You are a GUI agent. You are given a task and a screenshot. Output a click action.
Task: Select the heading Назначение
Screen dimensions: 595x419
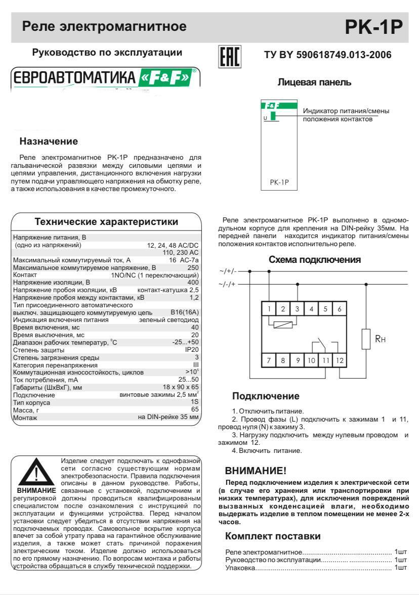(x=49, y=141)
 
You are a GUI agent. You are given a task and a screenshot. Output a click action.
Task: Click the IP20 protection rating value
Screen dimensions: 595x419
(x=192, y=350)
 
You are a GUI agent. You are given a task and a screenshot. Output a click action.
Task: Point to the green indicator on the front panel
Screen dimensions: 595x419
(x=273, y=116)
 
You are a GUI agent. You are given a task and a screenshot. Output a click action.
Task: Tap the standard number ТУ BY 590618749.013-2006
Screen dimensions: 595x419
(x=328, y=55)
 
